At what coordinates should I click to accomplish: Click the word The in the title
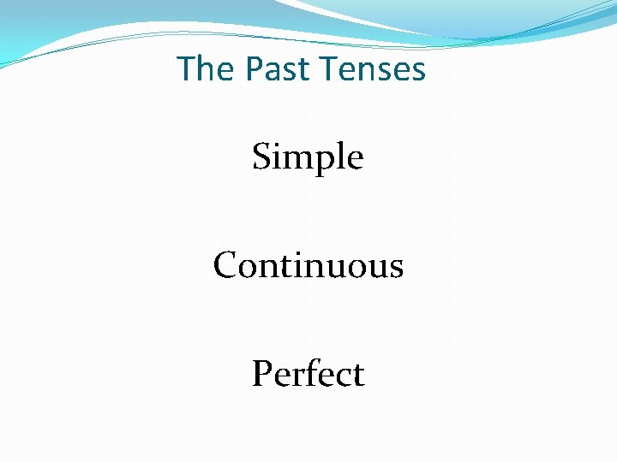pyautogui.click(x=200, y=68)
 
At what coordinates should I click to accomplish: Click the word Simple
pyautogui.click(x=308, y=157)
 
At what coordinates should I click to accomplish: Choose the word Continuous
pyautogui.click(x=308, y=265)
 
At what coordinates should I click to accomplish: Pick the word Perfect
pyautogui.click(x=308, y=374)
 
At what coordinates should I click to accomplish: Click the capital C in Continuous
pyautogui.click(x=225, y=266)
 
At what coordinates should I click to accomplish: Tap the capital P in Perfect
pyautogui.click(x=261, y=374)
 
